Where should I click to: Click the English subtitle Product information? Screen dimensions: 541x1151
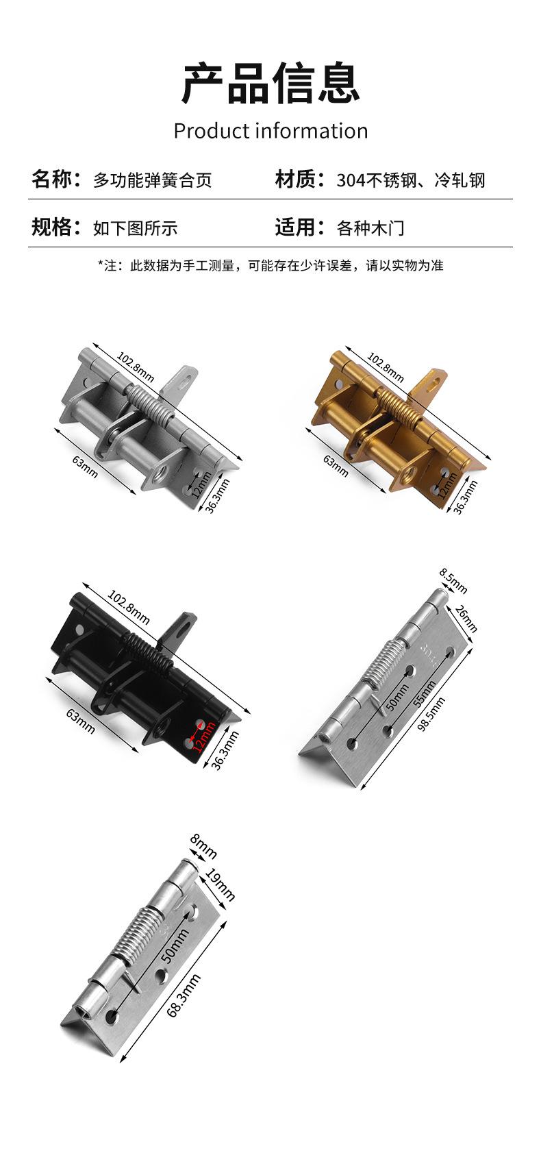(270, 131)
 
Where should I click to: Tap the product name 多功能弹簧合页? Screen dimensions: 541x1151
(153, 180)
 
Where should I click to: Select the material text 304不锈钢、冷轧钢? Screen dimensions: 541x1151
(410, 180)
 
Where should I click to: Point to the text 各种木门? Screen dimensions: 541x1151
(370, 227)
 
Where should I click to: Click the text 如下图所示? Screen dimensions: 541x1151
(135, 227)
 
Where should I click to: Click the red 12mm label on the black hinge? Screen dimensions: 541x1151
(203, 737)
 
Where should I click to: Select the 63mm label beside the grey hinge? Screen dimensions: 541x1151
(85, 467)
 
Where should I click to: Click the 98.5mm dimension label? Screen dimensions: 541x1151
(431, 714)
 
